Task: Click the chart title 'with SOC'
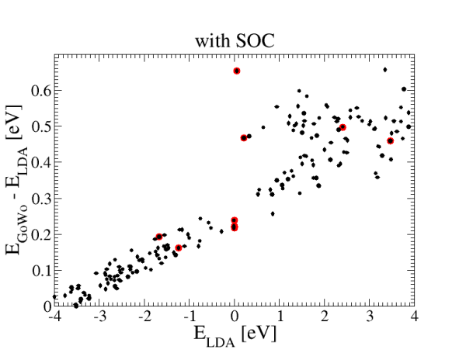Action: pos(235,40)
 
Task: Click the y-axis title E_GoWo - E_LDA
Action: pos(17,180)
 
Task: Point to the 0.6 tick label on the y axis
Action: pos(41,90)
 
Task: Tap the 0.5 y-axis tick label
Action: pos(41,126)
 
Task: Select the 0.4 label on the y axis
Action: pos(41,162)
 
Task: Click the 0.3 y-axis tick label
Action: pos(41,199)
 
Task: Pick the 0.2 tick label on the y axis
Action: pos(41,234)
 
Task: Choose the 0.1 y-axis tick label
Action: pos(41,270)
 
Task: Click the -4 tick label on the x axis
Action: pos(54,316)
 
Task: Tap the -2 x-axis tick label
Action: pos(144,316)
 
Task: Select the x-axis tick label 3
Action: pos(370,316)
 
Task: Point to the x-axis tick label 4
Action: pos(415,316)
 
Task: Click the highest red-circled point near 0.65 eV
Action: pos(237,71)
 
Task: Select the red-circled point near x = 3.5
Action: pos(390,141)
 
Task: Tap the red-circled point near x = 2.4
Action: pos(343,127)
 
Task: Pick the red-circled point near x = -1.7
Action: pos(159,237)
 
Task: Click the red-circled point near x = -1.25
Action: pos(179,247)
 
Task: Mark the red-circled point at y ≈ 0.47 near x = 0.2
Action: pos(244,138)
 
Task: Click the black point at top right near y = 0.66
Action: pos(385,70)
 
